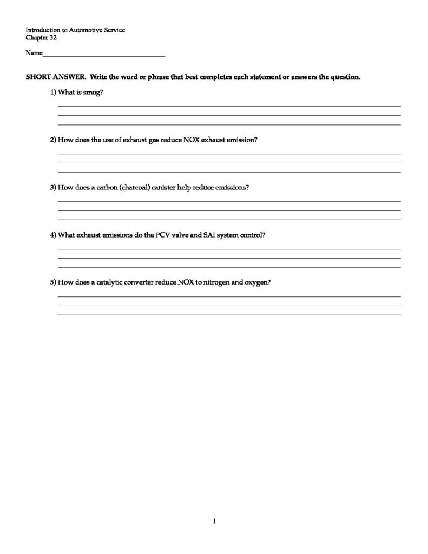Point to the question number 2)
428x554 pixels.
pyautogui.click(x=53, y=140)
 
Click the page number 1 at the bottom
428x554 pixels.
pyautogui.click(x=214, y=521)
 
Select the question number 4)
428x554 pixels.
pyautogui.click(x=53, y=235)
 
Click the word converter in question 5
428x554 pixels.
pyautogui.click(x=143, y=282)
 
